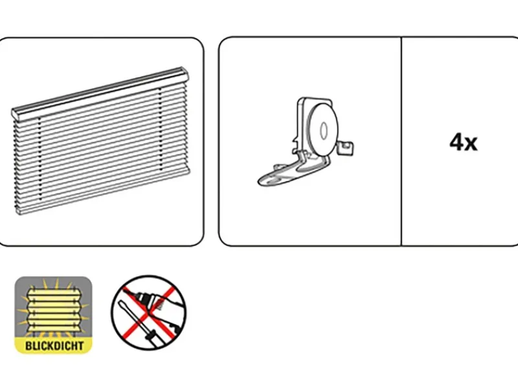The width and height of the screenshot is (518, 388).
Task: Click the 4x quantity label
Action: pyautogui.click(x=464, y=142)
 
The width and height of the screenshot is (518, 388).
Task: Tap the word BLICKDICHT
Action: pyautogui.click(x=54, y=345)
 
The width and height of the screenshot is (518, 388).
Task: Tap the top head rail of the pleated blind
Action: pyautogui.click(x=104, y=91)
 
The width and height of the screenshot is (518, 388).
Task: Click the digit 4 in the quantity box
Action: pyautogui.click(x=456, y=142)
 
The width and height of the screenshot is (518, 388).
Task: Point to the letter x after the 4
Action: pyautogui.click(x=471, y=144)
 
